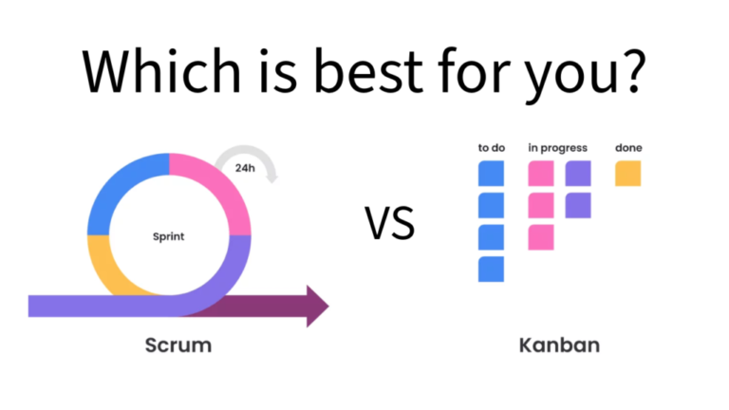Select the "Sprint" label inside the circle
[x=169, y=236]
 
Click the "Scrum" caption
[x=178, y=345]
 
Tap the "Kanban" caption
[x=559, y=345]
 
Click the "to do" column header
[x=491, y=148]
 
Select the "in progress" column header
[x=558, y=148]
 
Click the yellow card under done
[x=627, y=174]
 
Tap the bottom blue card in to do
[x=491, y=270]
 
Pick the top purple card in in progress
[x=578, y=174]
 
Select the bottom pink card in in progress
[x=541, y=237]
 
